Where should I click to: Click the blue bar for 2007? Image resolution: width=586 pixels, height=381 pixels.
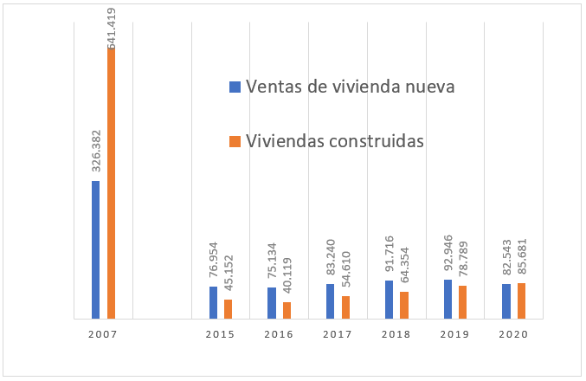pos(95,249)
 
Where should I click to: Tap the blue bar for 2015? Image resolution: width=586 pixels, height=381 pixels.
pos(213,302)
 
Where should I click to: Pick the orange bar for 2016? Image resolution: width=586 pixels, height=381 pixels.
pos(287,310)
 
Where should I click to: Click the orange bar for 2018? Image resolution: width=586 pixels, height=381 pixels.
pos(404,305)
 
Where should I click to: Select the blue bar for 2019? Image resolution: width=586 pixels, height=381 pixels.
pos(448,299)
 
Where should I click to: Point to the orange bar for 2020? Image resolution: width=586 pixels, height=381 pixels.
pos(521,300)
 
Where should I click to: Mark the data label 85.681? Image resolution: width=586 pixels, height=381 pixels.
pos(522,255)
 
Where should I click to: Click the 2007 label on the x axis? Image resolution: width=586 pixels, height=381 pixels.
pos(103,333)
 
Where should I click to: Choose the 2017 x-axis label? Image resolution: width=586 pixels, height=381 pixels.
pos(338,333)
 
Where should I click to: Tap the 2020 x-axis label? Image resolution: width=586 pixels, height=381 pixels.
pos(514,333)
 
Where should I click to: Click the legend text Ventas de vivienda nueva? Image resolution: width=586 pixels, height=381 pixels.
pos(351,87)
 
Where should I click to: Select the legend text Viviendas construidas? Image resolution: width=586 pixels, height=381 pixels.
pos(334,140)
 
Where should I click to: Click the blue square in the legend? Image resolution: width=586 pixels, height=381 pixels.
pos(234,87)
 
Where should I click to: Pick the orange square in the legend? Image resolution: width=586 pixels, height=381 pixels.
pos(234,141)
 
